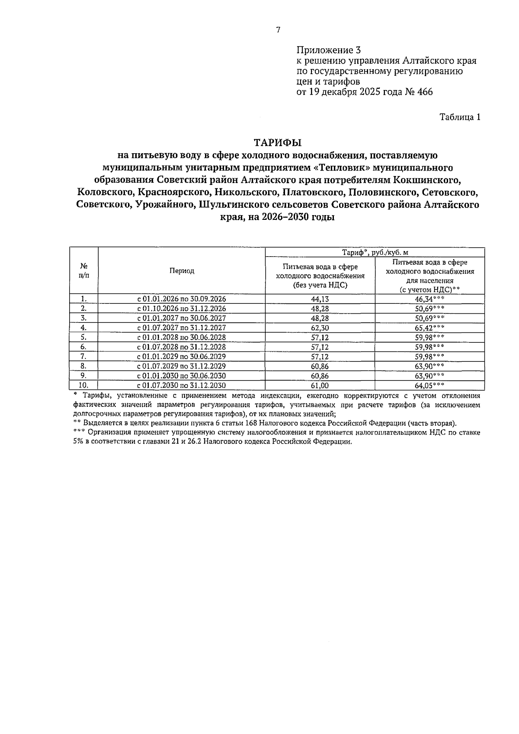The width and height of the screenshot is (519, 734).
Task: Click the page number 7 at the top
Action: (x=278, y=30)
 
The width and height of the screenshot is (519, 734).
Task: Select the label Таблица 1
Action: (x=460, y=117)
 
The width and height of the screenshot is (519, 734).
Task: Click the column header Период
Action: (x=182, y=271)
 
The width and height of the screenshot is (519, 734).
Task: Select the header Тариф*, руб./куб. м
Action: (x=375, y=252)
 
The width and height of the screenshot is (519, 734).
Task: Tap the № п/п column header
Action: (x=84, y=271)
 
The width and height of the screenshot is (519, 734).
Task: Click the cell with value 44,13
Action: (x=320, y=299)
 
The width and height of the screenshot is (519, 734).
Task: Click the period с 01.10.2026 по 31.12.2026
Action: (x=182, y=309)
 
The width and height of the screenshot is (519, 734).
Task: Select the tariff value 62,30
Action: (x=320, y=328)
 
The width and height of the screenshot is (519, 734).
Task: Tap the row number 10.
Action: (x=83, y=385)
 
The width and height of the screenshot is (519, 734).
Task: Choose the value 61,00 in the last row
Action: (x=320, y=385)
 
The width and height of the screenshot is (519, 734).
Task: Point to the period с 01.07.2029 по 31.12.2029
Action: (x=182, y=366)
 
